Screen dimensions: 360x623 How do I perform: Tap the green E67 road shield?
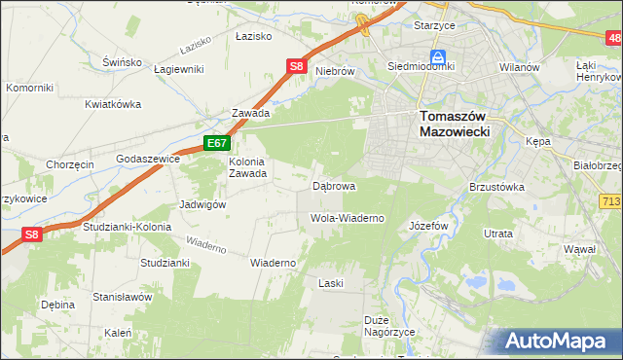pos(216,144)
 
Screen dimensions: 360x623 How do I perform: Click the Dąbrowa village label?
pos(333,185)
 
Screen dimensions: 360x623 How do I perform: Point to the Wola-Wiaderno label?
pos(347,218)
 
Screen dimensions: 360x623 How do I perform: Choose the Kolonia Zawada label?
pos(247,168)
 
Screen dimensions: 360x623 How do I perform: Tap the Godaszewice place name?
pos(147,158)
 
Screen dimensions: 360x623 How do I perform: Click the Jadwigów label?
pos(202,205)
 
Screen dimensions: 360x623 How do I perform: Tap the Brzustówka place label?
pos(496,187)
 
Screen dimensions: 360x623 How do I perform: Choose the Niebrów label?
pos(333,71)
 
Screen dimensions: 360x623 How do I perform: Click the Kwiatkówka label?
pos(113,103)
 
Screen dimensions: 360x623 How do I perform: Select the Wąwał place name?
pos(578,249)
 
